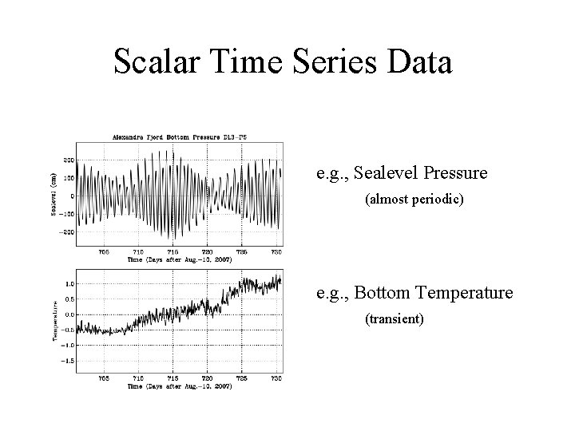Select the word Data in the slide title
(x=422, y=61)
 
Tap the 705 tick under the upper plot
(x=104, y=251)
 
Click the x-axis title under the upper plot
(x=179, y=260)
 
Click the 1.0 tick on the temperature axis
(x=70, y=283)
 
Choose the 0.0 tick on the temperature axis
(x=70, y=314)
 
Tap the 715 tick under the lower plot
(x=172, y=378)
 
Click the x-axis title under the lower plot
(x=179, y=387)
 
